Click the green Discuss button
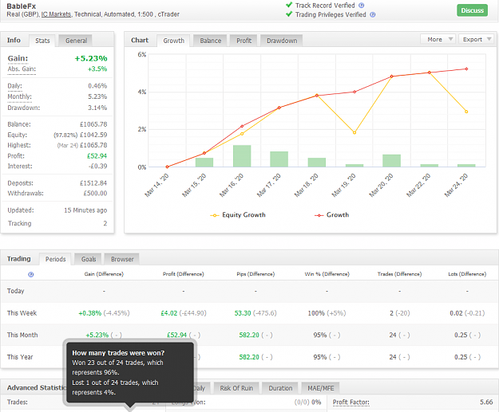tap(473, 10)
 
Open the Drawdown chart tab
tap(282, 41)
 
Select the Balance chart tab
tap(210, 41)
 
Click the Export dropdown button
tap(477, 39)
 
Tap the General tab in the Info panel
tap(76, 41)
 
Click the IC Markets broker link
tap(56, 14)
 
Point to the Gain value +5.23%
tap(91, 58)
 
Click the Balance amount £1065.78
tap(93, 124)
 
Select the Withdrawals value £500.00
tap(95, 193)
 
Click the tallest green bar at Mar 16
tap(242, 156)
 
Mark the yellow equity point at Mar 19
tap(354, 132)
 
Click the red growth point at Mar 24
tap(466, 69)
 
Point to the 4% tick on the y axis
tap(142, 92)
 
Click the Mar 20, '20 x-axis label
tap(382, 185)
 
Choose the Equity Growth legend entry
tap(238, 215)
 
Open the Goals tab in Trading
tap(88, 259)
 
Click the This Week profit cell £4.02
tap(169, 313)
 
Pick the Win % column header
tap(327, 274)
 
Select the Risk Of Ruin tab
tap(236, 388)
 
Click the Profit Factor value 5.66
tap(486, 402)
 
